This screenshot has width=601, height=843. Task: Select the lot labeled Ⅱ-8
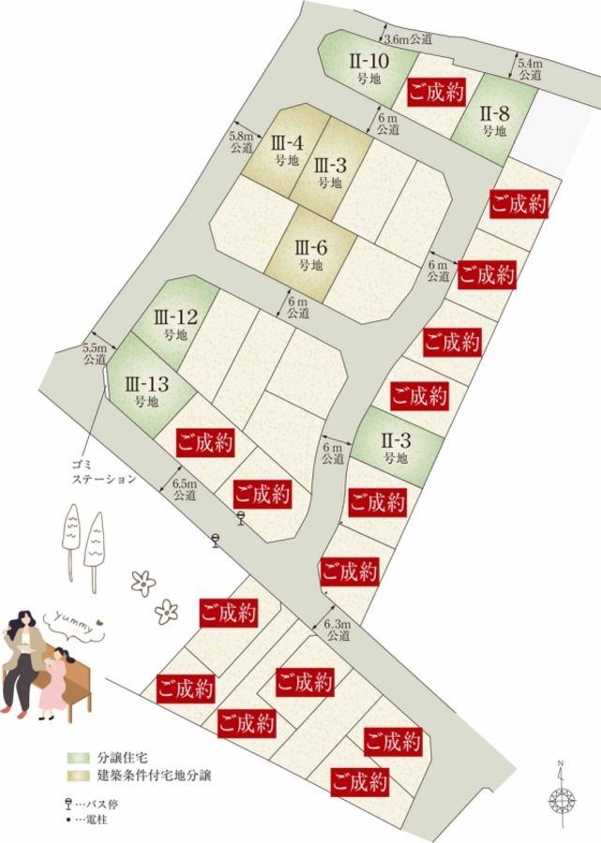pos(494,121)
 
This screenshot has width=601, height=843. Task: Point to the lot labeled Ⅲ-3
pos(330,170)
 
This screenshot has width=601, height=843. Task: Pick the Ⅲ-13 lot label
pos(145,391)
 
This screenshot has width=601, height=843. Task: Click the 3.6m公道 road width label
pos(410,38)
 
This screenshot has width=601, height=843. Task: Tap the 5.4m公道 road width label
pos(531,68)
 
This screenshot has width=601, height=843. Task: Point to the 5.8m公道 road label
pos(241,141)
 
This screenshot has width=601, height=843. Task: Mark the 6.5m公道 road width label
pos(185,490)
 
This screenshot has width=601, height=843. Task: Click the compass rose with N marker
pos(562,798)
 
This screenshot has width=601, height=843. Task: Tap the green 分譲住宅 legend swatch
pos(77,756)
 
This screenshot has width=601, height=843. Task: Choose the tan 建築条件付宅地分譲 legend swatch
pos(77,775)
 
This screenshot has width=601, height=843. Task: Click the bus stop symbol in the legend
pos(69,804)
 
